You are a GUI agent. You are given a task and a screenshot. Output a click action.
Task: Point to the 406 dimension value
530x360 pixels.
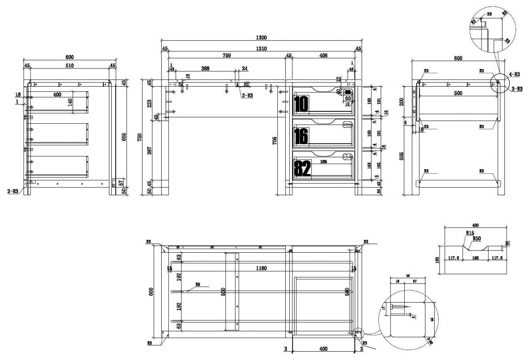(x=323, y=56)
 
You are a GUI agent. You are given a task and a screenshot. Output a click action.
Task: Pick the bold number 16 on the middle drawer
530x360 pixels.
(x=300, y=136)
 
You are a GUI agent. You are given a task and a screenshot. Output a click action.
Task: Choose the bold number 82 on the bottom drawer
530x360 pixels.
(x=302, y=168)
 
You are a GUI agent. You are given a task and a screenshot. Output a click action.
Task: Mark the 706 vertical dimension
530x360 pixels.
(x=275, y=141)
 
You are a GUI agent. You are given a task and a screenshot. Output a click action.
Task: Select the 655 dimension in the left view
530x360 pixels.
(x=124, y=137)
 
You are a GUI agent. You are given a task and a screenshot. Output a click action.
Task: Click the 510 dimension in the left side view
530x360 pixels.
(x=69, y=65)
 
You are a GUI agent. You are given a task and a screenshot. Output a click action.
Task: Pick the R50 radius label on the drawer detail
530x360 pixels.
(x=477, y=239)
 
